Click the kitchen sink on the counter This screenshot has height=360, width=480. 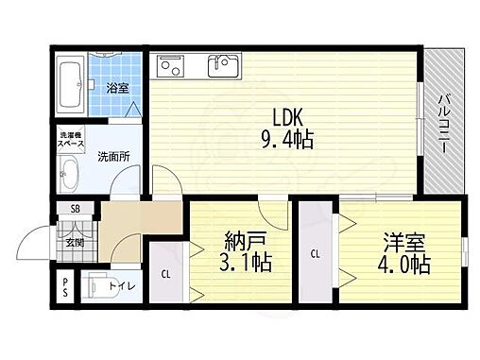(x=224, y=66)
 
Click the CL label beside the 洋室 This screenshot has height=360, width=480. (x=315, y=253)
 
